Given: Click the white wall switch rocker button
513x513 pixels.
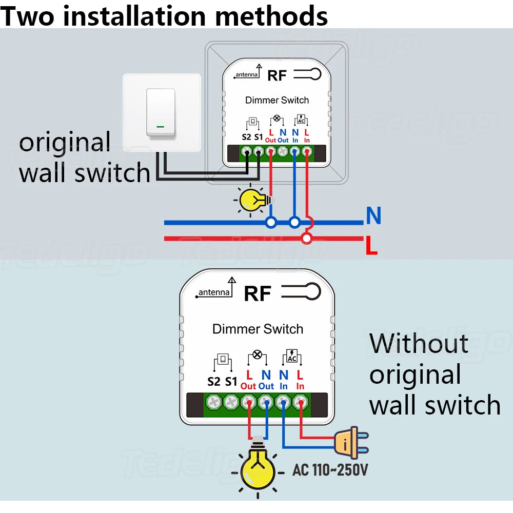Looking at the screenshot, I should click(x=161, y=112).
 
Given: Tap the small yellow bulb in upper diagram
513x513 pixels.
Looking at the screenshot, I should click(x=251, y=200).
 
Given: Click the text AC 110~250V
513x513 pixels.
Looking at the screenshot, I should click(x=330, y=469).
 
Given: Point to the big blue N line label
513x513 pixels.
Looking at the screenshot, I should click(x=373, y=216).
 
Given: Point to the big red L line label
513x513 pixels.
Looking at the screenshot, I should click(x=371, y=246).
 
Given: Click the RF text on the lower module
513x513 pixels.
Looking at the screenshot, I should click(x=258, y=294).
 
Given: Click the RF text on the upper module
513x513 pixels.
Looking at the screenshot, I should click(x=277, y=76).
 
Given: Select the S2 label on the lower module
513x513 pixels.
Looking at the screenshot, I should click(x=214, y=382).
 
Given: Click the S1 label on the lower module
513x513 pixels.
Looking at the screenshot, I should click(x=231, y=382).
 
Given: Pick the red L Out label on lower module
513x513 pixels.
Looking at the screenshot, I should click(x=248, y=380).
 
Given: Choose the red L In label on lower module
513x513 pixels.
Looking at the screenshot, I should click(x=300, y=380).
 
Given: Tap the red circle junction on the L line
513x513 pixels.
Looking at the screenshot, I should click(x=307, y=238).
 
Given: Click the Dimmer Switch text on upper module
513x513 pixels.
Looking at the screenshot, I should click(x=277, y=100).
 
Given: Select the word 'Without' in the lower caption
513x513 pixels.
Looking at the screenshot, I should click(x=419, y=344).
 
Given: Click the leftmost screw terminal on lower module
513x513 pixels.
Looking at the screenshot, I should click(x=214, y=401).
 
